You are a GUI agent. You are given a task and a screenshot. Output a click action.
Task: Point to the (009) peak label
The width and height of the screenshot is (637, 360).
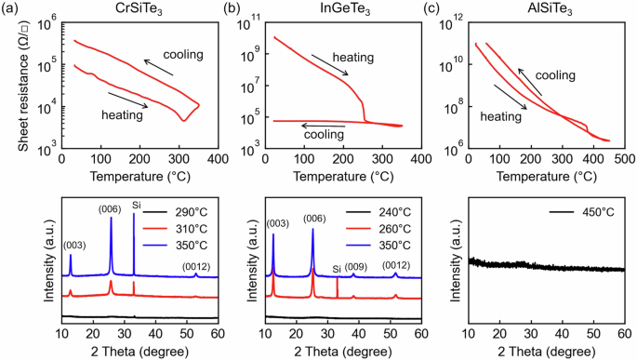tap(355, 265)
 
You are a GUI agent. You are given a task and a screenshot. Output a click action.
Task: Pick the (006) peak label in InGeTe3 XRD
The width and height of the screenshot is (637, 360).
tap(313, 220)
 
